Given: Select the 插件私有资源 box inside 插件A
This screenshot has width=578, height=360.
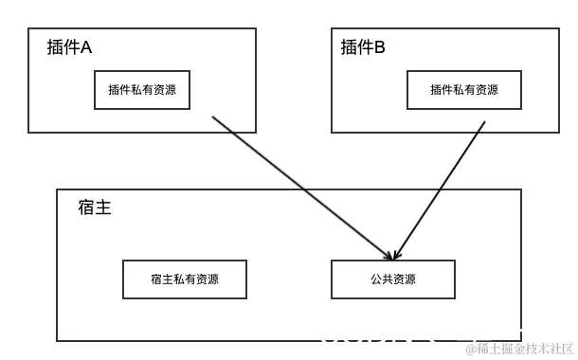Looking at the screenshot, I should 142,90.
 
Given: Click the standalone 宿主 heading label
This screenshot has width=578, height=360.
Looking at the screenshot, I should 95,207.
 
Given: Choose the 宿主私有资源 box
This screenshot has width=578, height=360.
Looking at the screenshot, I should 185,279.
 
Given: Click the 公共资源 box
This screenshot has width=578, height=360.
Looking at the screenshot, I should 392,279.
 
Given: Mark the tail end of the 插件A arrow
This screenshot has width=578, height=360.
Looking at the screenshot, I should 212,117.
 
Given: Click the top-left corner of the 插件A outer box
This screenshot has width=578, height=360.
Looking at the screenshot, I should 29,28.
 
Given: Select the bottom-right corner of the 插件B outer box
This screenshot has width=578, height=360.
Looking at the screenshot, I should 549,132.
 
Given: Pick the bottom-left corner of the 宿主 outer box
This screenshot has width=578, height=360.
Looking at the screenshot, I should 58,340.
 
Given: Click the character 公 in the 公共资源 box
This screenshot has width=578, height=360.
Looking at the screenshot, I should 376,279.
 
